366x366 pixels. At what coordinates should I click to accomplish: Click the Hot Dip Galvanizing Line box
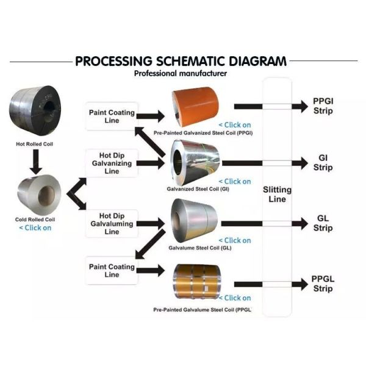pyautogui.click(x=112, y=163)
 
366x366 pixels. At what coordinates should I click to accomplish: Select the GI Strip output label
pyautogui.click(x=323, y=163)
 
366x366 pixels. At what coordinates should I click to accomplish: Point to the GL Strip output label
pyautogui.click(x=323, y=223)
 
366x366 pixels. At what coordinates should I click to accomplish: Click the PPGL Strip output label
pyautogui.click(x=323, y=284)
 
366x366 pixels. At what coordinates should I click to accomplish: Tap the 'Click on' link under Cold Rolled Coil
pyautogui.click(x=35, y=228)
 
